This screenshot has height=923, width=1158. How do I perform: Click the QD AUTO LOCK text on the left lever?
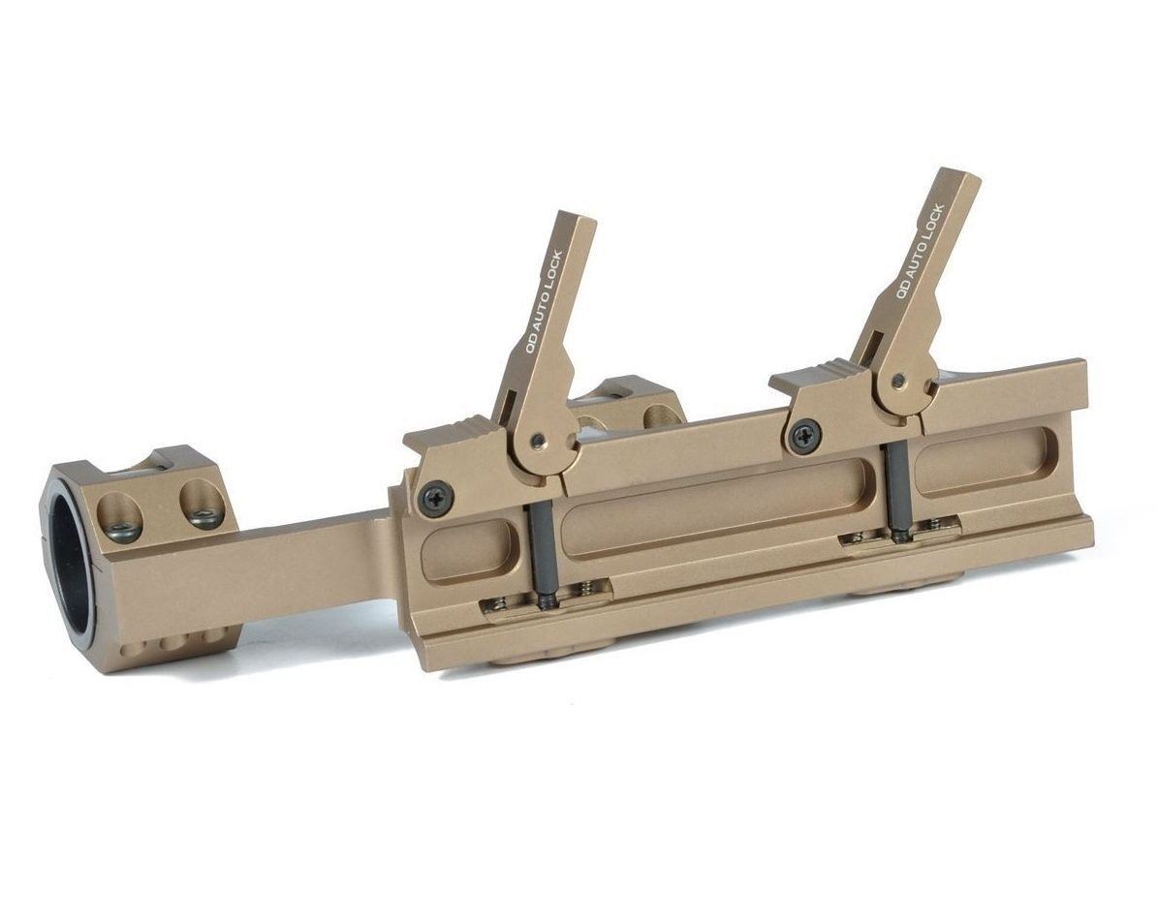pyautogui.click(x=543, y=303)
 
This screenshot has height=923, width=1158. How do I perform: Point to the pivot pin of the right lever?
pyautogui.click(x=897, y=381)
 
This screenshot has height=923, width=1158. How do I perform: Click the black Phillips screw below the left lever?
pyautogui.click(x=433, y=495)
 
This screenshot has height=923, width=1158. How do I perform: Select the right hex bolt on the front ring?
pyautogui.click(x=203, y=517)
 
